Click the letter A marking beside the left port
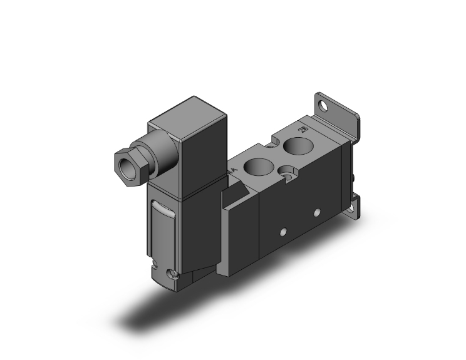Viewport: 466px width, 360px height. [234, 170]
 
